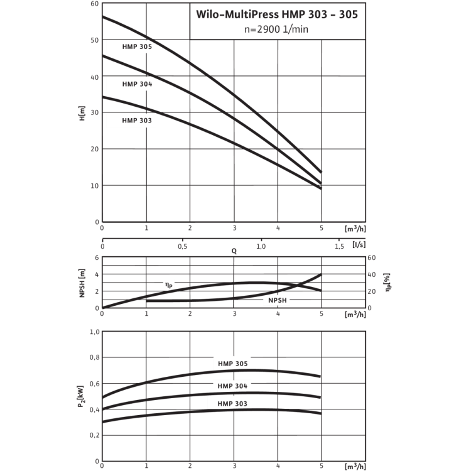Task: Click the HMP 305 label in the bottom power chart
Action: click(233, 363)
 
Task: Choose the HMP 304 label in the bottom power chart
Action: click(233, 386)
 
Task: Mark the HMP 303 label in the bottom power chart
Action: click(233, 404)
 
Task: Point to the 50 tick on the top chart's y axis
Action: click(95, 40)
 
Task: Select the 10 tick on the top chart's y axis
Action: click(95, 186)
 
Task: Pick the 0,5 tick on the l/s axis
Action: click(182, 246)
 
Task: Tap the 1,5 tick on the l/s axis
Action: click(340, 246)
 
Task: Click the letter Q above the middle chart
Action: click(234, 251)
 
